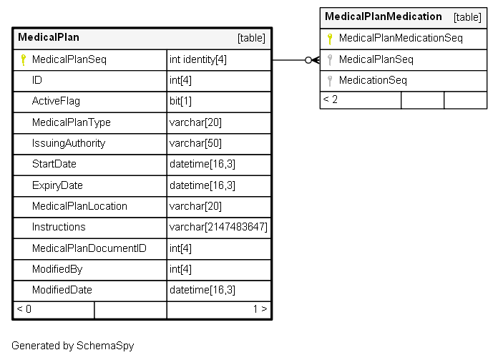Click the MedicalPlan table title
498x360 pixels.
click(49, 37)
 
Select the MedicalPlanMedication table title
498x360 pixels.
click(384, 16)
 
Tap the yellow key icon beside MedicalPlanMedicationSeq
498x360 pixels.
click(330, 39)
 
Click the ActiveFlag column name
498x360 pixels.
click(56, 102)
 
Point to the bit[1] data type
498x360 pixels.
click(180, 102)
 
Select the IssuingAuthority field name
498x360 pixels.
click(69, 144)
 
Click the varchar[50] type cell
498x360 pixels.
click(195, 144)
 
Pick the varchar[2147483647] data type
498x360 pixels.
click(218, 227)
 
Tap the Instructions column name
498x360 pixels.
click(59, 227)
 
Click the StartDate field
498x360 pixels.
click(54, 165)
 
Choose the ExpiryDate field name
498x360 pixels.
click(57, 185)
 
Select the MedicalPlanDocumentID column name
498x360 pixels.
click(89, 248)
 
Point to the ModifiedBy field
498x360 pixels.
click(57, 269)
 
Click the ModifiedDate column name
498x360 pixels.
click(62, 290)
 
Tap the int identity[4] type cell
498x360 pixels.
click(198, 59)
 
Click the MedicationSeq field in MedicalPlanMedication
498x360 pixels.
click(373, 80)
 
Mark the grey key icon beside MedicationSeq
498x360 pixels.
click(330, 81)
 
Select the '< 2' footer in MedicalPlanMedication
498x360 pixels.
click(331, 99)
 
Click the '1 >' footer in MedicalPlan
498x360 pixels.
click(260, 309)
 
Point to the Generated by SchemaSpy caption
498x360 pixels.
click(73, 346)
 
